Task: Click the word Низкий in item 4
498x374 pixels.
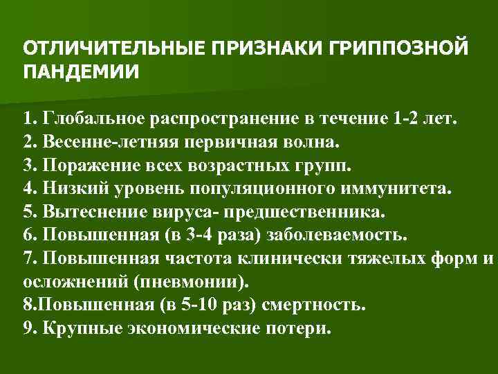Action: [x=72, y=188]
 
